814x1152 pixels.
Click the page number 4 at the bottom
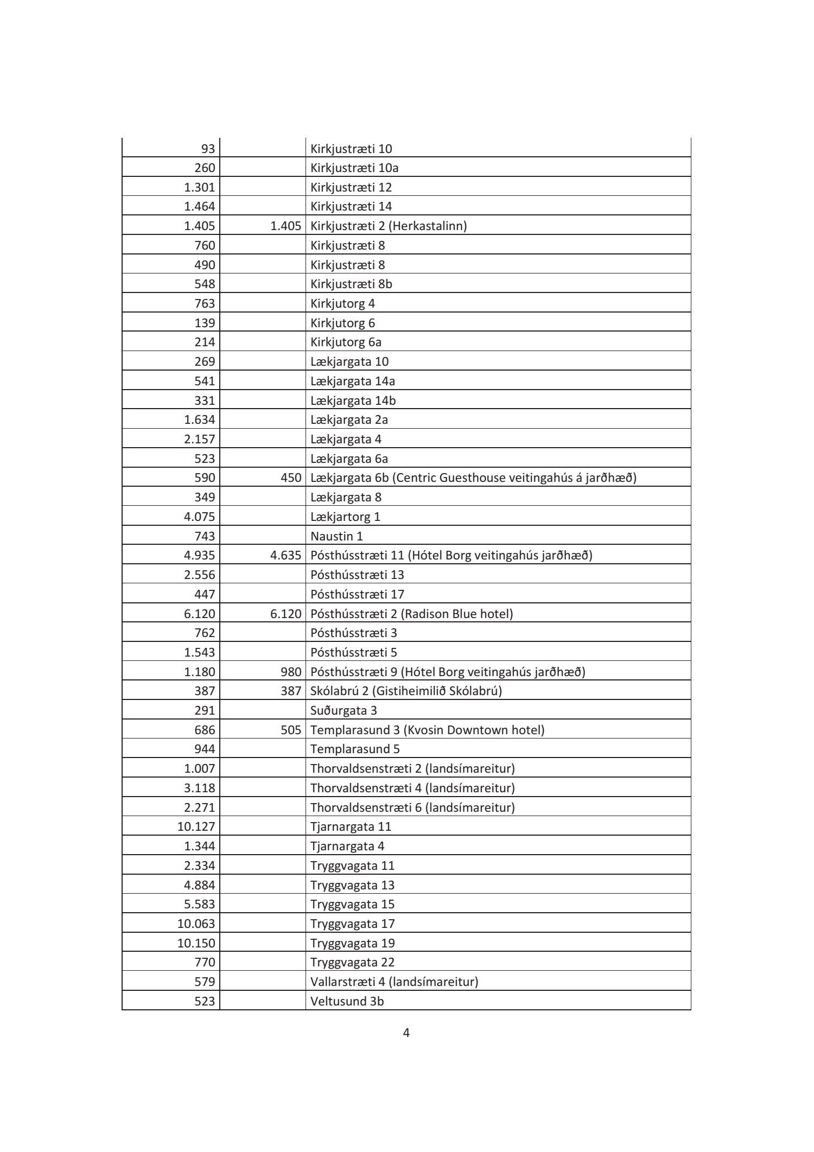tap(406, 1033)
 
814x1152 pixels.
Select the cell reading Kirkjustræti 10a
tap(354, 168)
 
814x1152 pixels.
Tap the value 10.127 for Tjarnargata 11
tap(196, 826)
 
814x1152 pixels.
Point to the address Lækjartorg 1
tap(345, 517)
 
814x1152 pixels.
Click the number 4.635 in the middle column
tap(285, 555)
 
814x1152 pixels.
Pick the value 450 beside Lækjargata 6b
tap(291, 478)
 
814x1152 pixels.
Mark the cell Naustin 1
tap(336, 536)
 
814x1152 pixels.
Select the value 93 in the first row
tap(208, 149)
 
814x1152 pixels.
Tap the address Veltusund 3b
tap(347, 1001)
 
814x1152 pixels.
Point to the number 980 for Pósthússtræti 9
tap(291, 672)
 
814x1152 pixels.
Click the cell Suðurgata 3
tap(344, 710)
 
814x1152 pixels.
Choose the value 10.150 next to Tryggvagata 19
tap(196, 943)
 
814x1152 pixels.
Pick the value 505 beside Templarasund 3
tap(291, 730)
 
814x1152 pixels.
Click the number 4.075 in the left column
tap(199, 517)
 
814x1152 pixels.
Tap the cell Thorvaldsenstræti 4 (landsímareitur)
tap(412, 787)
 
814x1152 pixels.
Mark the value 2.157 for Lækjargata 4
tap(199, 439)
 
